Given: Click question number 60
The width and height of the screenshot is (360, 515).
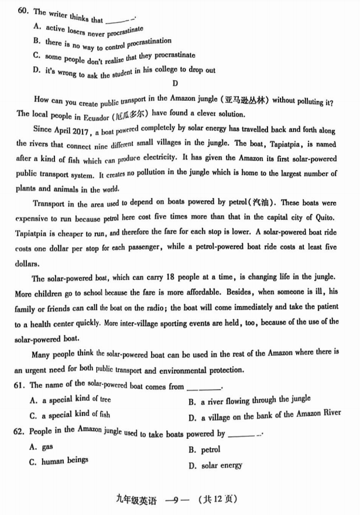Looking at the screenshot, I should (x=23, y=11).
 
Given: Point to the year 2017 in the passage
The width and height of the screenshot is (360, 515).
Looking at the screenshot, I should (x=78, y=131).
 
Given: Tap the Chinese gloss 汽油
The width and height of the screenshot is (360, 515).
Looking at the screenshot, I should (x=261, y=203).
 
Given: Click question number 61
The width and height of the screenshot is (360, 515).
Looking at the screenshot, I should (x=22, y=386).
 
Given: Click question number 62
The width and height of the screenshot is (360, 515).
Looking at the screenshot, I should (x=22, y=432).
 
